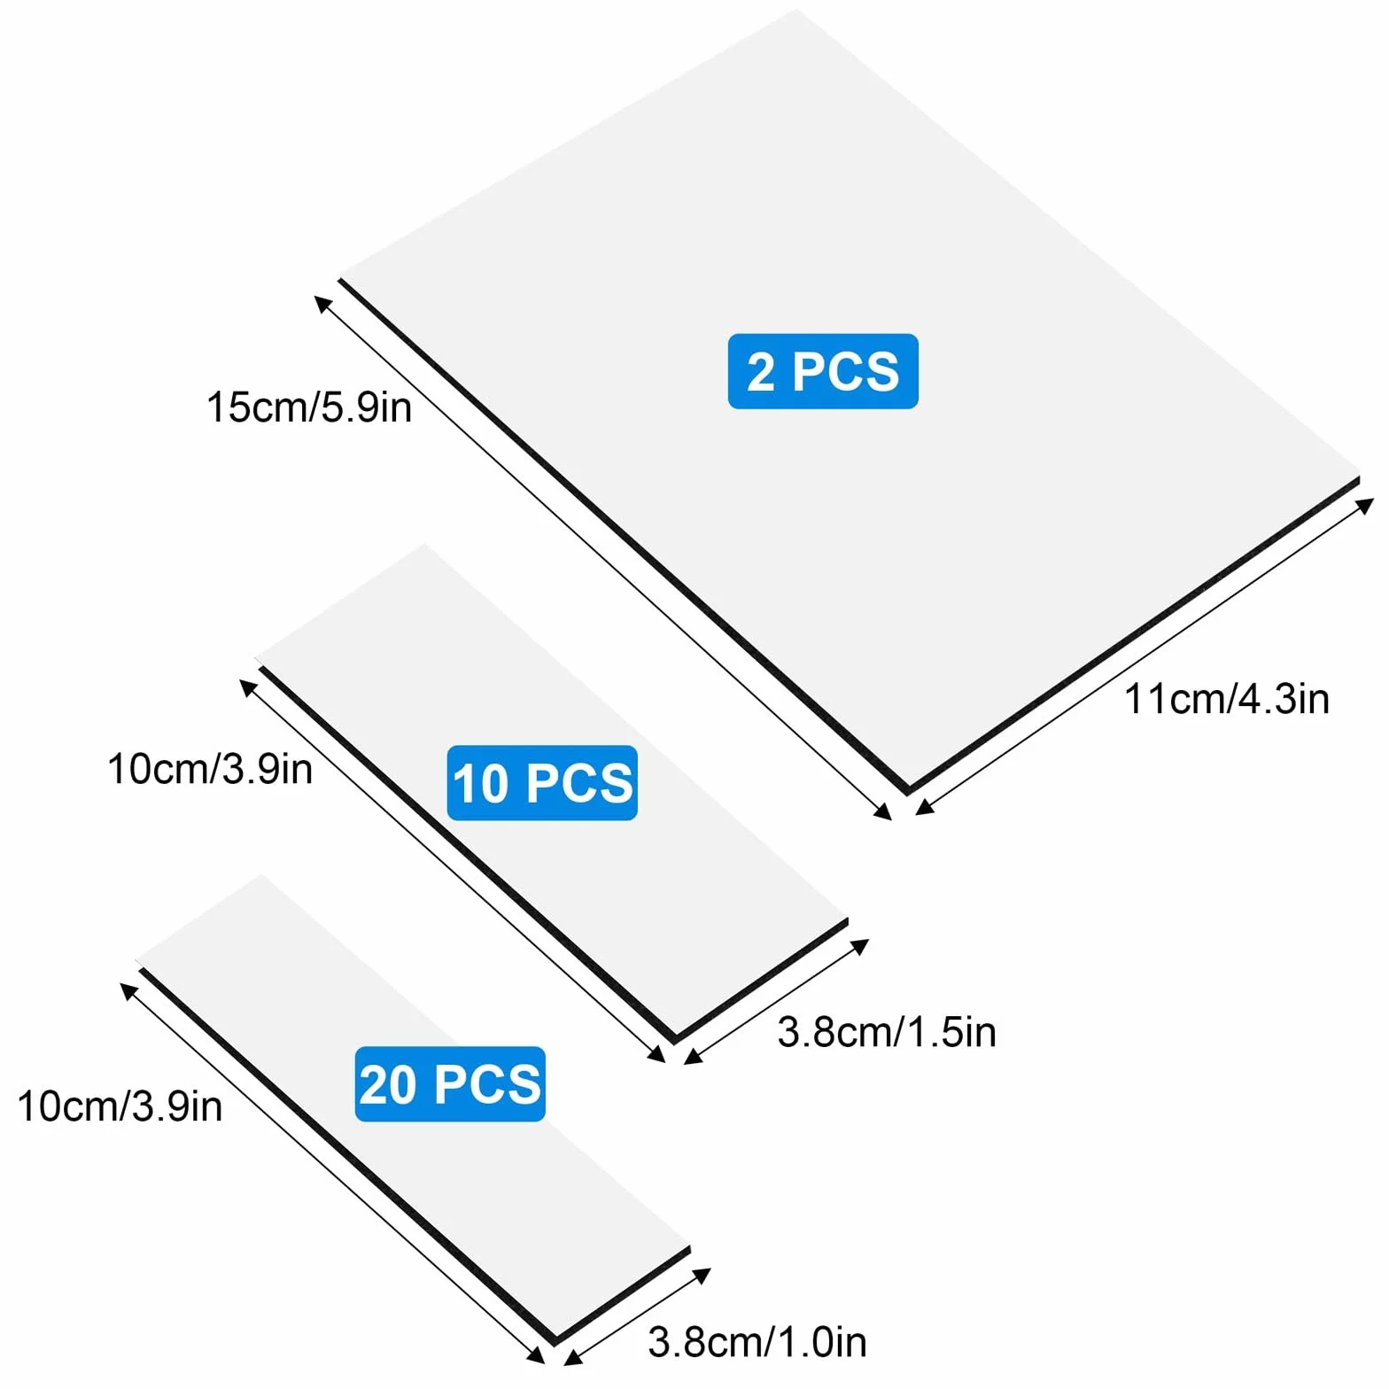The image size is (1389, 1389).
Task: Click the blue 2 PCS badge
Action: tap(823, 371)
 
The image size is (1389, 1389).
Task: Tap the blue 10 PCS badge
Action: tap(542, 783)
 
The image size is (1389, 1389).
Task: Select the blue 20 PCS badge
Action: tap(450, 1084)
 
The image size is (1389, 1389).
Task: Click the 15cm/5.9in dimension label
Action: tap(309, 407)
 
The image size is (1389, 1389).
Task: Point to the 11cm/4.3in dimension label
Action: tap(1227, 699)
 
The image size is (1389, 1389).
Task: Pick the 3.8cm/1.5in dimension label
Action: tap(887, 1032)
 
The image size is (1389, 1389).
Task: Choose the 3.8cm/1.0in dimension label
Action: tap(757, 1342)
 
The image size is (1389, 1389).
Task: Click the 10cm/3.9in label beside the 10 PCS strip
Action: tap(210, 768)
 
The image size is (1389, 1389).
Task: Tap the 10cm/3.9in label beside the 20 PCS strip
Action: tap(120, 1106)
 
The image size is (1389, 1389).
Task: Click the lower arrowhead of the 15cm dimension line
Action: tap(884, 812)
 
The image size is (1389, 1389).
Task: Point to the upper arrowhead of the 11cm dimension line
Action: tap(1367, 505)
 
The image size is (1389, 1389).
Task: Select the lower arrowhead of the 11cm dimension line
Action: tap(923, 807)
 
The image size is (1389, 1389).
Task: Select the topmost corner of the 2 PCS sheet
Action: tap(796, 9)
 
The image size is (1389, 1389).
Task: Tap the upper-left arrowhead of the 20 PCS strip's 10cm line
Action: tap(128, 990)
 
